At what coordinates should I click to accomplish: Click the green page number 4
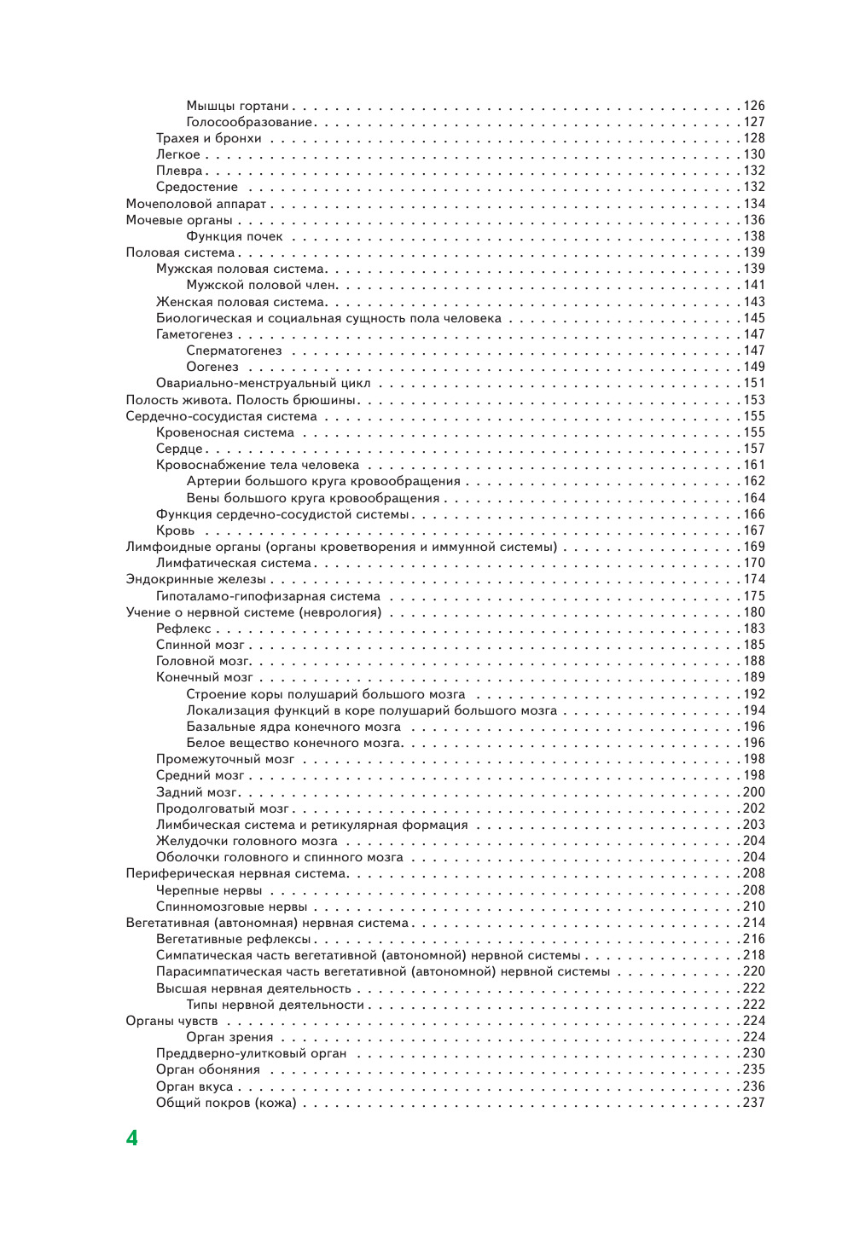coord(131,1138)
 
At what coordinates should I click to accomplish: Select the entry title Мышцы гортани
coord(237,106)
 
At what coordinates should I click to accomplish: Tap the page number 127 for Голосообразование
coord(754,122)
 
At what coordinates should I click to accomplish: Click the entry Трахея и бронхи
coord(208,138)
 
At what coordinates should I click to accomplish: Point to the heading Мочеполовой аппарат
coord(195,204)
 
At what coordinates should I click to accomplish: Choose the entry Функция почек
coord(235,236)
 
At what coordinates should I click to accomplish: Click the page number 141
coord(754,285)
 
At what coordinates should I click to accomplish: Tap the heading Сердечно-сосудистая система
coord(221,416)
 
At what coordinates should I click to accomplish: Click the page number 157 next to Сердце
coord(754,449)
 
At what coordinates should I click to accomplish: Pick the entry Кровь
coord(175,530)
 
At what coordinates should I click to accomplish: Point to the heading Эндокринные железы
coord(195,579)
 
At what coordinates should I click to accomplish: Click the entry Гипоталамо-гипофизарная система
coord(268,596)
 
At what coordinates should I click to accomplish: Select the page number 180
coord(754,612)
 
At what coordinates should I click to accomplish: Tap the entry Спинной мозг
coord(200,645)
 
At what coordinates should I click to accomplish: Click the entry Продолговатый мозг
coord(222,808)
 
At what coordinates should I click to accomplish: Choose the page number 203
coord(754,825)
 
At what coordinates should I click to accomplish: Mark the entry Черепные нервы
coord(209,890)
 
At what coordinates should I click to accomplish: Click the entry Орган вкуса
coord(195,1086)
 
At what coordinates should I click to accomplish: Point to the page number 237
coord(754,1103)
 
